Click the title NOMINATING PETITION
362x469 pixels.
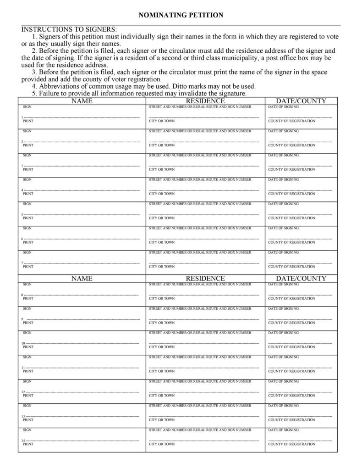181,15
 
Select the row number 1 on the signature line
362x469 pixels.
22,117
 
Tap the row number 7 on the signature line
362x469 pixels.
22,263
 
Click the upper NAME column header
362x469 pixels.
82,101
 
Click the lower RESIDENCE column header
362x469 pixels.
205,279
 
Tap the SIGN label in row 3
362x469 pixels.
27,155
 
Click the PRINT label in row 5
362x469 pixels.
28,218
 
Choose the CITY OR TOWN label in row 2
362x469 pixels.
162,145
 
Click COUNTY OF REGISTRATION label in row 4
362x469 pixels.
291,194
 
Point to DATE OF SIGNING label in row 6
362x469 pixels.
283,228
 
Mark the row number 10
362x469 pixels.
23,343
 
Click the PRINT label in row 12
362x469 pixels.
28,396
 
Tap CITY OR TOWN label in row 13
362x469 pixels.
162,420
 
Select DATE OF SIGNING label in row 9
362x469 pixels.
283,308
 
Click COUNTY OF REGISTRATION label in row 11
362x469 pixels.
291,371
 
